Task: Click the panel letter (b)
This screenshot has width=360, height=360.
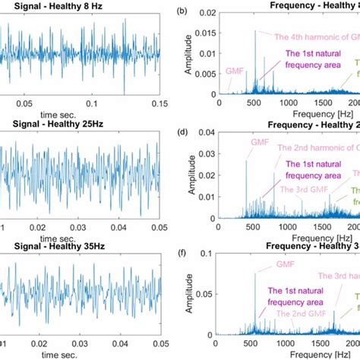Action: (180, 11)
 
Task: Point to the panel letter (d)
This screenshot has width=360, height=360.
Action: (180, 131)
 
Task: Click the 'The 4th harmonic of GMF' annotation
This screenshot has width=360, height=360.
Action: (307, 36)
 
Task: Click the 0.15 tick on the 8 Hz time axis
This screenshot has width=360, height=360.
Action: (157, 100)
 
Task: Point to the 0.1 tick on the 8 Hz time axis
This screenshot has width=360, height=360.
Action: (92, 100)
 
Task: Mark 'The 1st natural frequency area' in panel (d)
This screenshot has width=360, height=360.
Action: (308, 167)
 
